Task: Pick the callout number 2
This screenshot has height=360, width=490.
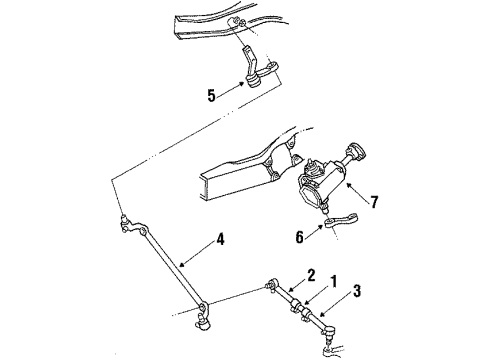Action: (311, 275)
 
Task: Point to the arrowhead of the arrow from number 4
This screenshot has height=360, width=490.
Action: (179, 262)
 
